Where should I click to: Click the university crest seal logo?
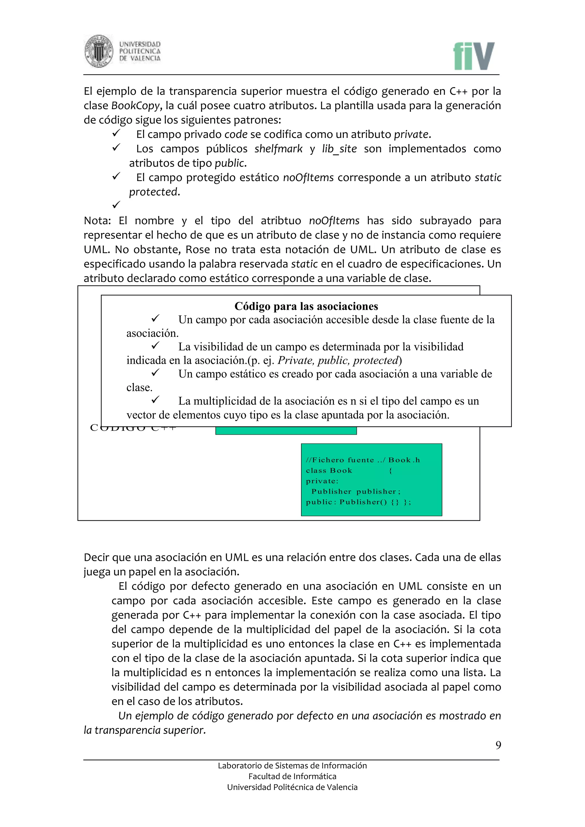[99, 51]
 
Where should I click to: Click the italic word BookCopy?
[135, 106]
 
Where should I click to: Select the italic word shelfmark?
[279, 149]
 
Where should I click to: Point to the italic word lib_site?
[339, 149]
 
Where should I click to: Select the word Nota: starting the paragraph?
[97, 221]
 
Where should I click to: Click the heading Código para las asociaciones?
[306, 306]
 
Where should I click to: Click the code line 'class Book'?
[329, 470]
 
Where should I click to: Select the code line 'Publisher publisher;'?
[356, 491]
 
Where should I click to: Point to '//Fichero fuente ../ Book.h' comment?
[363, 460]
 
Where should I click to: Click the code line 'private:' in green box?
[322, 481]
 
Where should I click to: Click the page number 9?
[498, 745]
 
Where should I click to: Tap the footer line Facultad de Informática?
[292, 776]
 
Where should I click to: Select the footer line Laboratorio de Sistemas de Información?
[292, 765]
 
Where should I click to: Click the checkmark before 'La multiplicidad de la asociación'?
[155, 400]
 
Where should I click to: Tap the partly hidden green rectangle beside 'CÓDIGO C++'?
[286, 431]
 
